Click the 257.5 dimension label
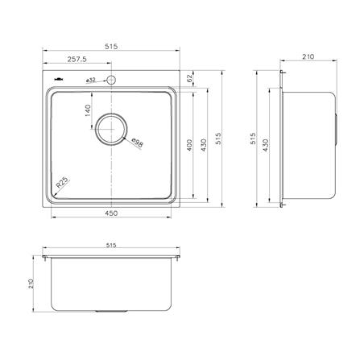pyautogui.click(x=77, y=60)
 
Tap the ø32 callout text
pyautogui.click(x=91, y=80)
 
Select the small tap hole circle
pyautogui.click(x=111, y=80)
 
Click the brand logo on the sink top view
pyautogui.click(x=59, y=79)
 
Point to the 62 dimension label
pyautogui.click(x=190, y=78)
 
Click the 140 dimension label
pyautogui.click(x=88, y=110)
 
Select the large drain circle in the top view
pyautogui.click(x=112, y=129)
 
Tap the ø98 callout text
pyautogui.click(x=138, y=143)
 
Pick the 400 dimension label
pyautogui.click(x=189, y=145)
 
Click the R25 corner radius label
pyautogui.click(x=63, y=183)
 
